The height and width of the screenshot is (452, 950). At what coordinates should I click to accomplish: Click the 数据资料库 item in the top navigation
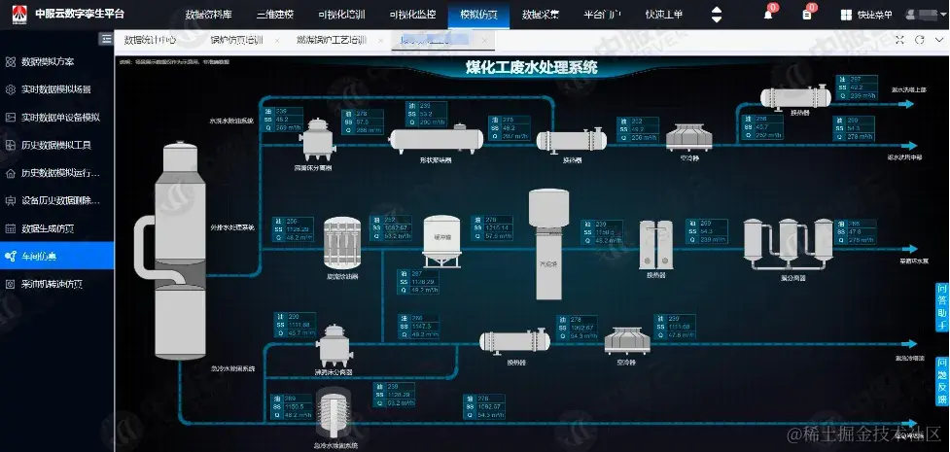(208, 15)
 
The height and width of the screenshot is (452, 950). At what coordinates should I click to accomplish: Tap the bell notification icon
(768, 15)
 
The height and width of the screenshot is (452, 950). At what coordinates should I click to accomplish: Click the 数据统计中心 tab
(150, 40)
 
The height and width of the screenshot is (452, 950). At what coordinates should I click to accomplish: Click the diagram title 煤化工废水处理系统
(531, 68)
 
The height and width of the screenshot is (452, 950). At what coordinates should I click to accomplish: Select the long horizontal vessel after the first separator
(437, 140)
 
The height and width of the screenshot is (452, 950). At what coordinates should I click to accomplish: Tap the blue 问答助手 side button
(941, 306)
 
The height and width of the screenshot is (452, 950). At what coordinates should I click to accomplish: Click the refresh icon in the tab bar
(917, 40)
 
